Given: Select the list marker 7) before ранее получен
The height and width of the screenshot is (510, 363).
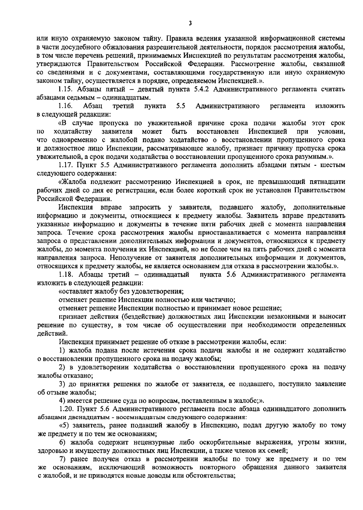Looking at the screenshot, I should (x=63, y=459).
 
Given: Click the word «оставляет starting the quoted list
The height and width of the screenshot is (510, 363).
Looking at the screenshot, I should (x=75, y=292).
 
